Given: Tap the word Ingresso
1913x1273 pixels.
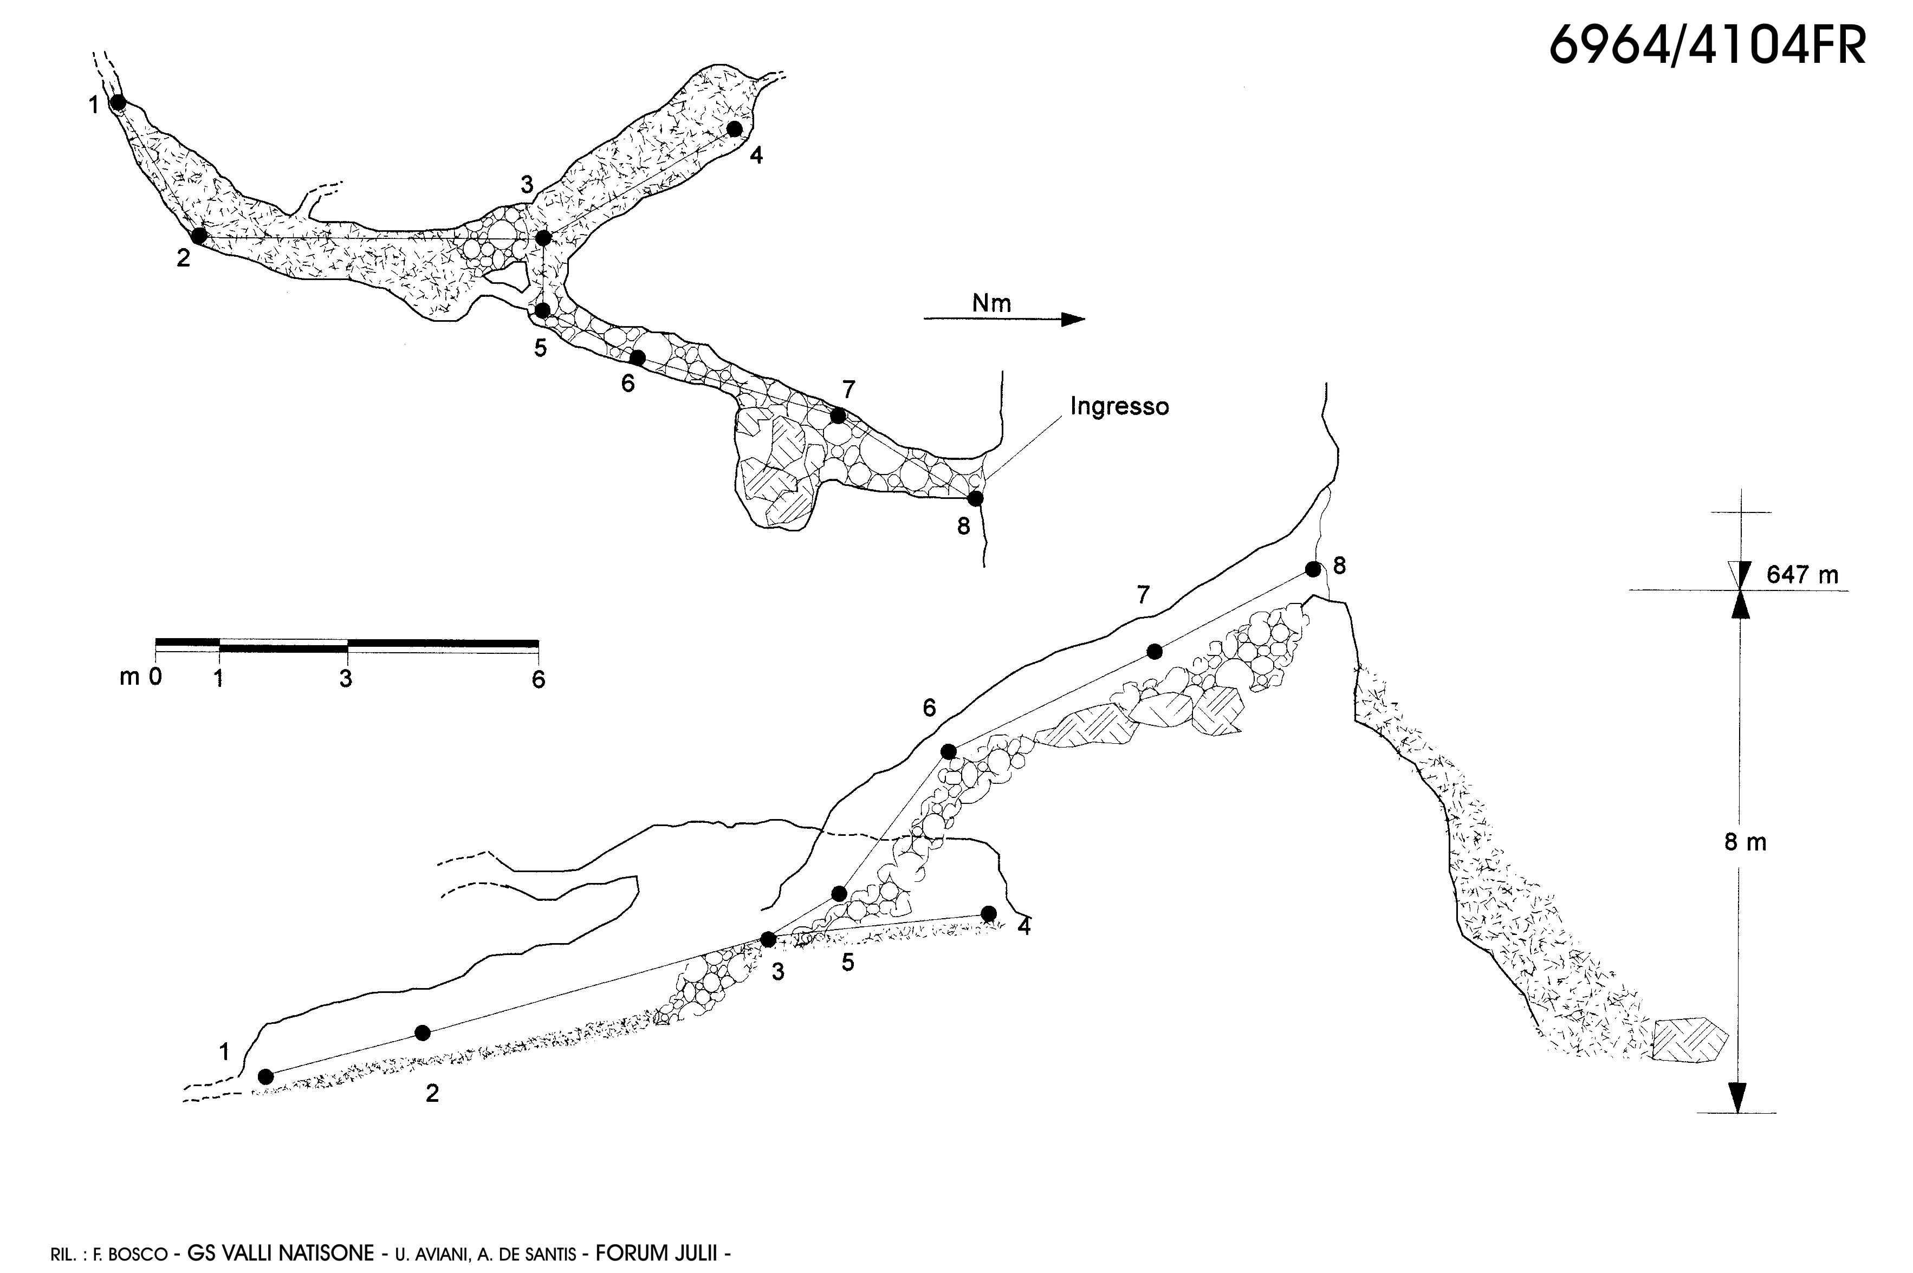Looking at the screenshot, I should click(x=1119, y=406).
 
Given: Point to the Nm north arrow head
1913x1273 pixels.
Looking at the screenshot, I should click(x=1073, y=319).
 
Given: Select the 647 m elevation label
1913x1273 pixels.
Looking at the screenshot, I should click(x=1802, y=575).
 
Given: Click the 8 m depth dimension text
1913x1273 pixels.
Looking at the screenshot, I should click(x=1745, y=843).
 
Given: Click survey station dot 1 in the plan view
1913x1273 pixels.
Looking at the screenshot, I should click(x=118, y=102).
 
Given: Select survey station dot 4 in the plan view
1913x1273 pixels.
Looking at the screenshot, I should click(x=735, y=128).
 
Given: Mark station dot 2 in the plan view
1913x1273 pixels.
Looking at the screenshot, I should click(x=199, y=236).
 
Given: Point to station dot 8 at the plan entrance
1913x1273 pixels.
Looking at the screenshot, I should click(x=975, y=498).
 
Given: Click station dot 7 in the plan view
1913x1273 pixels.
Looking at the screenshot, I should click(x=838, y=415).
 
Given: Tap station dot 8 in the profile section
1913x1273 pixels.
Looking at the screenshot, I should click(x=1313, y=569).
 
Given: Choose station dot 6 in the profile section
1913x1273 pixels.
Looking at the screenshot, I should click(x=948, y=752).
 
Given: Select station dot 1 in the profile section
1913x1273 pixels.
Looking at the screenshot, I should click(x=265, y=1076).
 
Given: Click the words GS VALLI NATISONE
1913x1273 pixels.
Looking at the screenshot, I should click(x=280, y=1253).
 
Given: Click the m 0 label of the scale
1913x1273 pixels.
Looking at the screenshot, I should click(x=140, y=676).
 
